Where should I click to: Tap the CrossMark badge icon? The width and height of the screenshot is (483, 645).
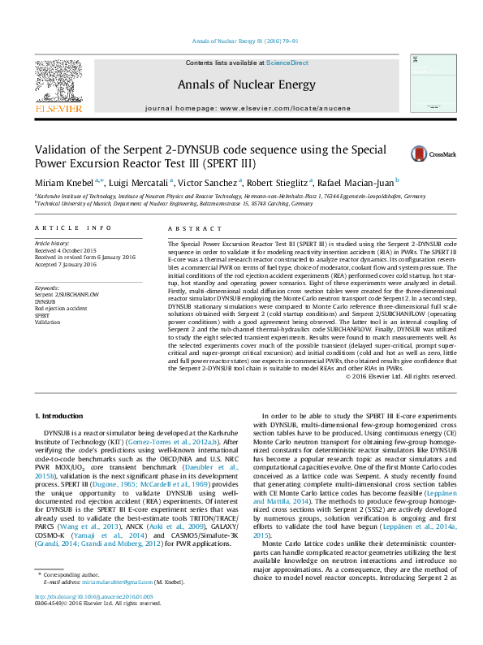point(421,153)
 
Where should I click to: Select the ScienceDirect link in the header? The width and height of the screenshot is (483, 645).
point(287,63)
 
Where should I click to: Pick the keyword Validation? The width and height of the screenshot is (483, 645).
point(48,323)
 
